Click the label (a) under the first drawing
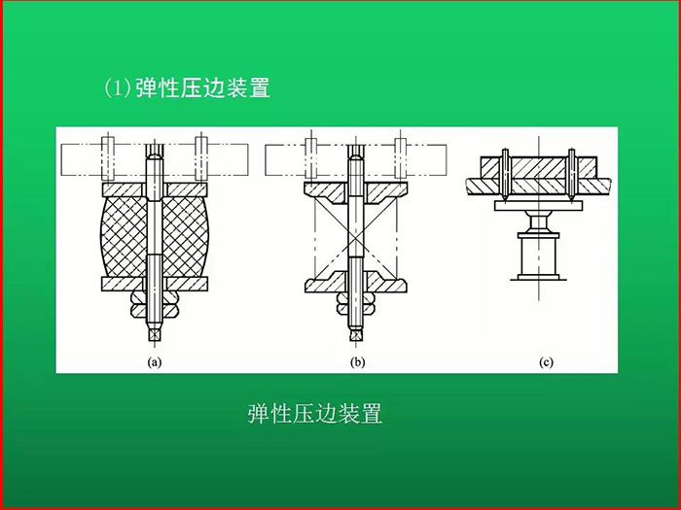[155, 362]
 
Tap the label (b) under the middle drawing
[357, 362]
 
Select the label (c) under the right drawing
[546, 362]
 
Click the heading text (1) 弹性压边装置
[187, 88]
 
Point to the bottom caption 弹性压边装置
[315, 413]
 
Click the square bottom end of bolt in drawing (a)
[155, 334]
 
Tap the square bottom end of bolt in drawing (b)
[356, 334]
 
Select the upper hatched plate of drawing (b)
[356, 192]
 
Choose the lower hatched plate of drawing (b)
[356, 282]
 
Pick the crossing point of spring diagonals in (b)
[356, 238]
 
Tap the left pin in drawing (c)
[506, 175]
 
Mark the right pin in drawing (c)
[572, 175]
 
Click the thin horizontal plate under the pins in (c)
[539, 206]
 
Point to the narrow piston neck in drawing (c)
[539, 222]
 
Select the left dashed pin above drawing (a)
[108, 158]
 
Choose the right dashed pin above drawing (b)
[401, 158]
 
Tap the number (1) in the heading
[118, 88]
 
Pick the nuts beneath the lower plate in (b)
[356, 303]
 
